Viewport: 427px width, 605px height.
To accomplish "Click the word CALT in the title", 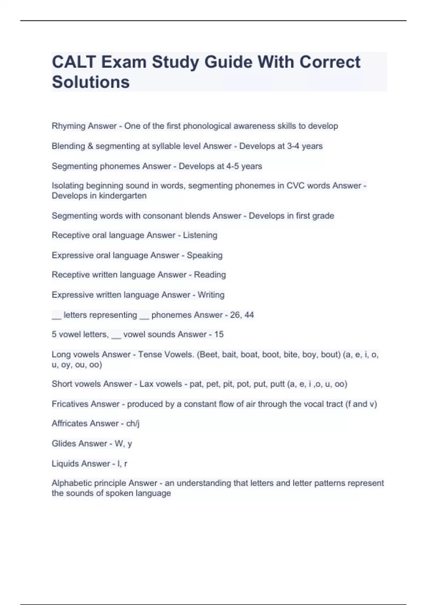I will tap(74, 62).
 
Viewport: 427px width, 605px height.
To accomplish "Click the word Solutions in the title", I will tap(91, 82).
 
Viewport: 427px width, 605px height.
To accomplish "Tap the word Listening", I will tap(200, 235).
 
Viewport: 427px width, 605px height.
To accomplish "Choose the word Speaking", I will tap(205, 255).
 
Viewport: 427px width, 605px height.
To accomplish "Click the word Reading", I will tap(210, 275).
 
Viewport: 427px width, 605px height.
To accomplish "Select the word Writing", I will tap(211, 295).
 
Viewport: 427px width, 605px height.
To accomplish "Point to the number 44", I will tap(249, 315).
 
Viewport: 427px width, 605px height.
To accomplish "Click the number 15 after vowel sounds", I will tap(219, 335).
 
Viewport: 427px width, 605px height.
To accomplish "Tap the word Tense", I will tap(150, 354).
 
